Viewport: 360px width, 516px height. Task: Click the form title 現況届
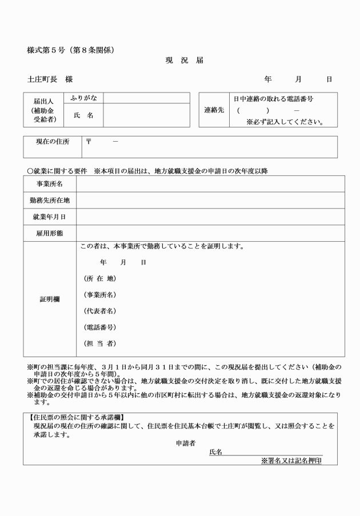click(x=184, y=60)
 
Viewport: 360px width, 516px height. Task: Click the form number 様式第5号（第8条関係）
click(x=71, y=50)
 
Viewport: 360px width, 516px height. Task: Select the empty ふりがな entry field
click(x=146, y=98)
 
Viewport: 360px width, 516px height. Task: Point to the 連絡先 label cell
click(x=214, y=110)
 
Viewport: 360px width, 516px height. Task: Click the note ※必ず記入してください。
click(x=285, y=121)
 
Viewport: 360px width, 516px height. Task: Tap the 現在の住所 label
click(x=49, y=141)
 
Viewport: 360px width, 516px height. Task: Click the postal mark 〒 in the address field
click(x=88, y=141)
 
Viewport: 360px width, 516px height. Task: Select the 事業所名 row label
click(x=50, y=184)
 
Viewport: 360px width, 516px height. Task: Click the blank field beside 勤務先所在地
click(x=210, y=200)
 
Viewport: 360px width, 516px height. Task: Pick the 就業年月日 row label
click(x=50, y=217)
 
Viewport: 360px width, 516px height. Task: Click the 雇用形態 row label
click(x=50, y=233)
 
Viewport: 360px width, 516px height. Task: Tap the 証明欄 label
click(x=50, y=299)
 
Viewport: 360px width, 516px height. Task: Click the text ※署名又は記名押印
click(x=291, y=460)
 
